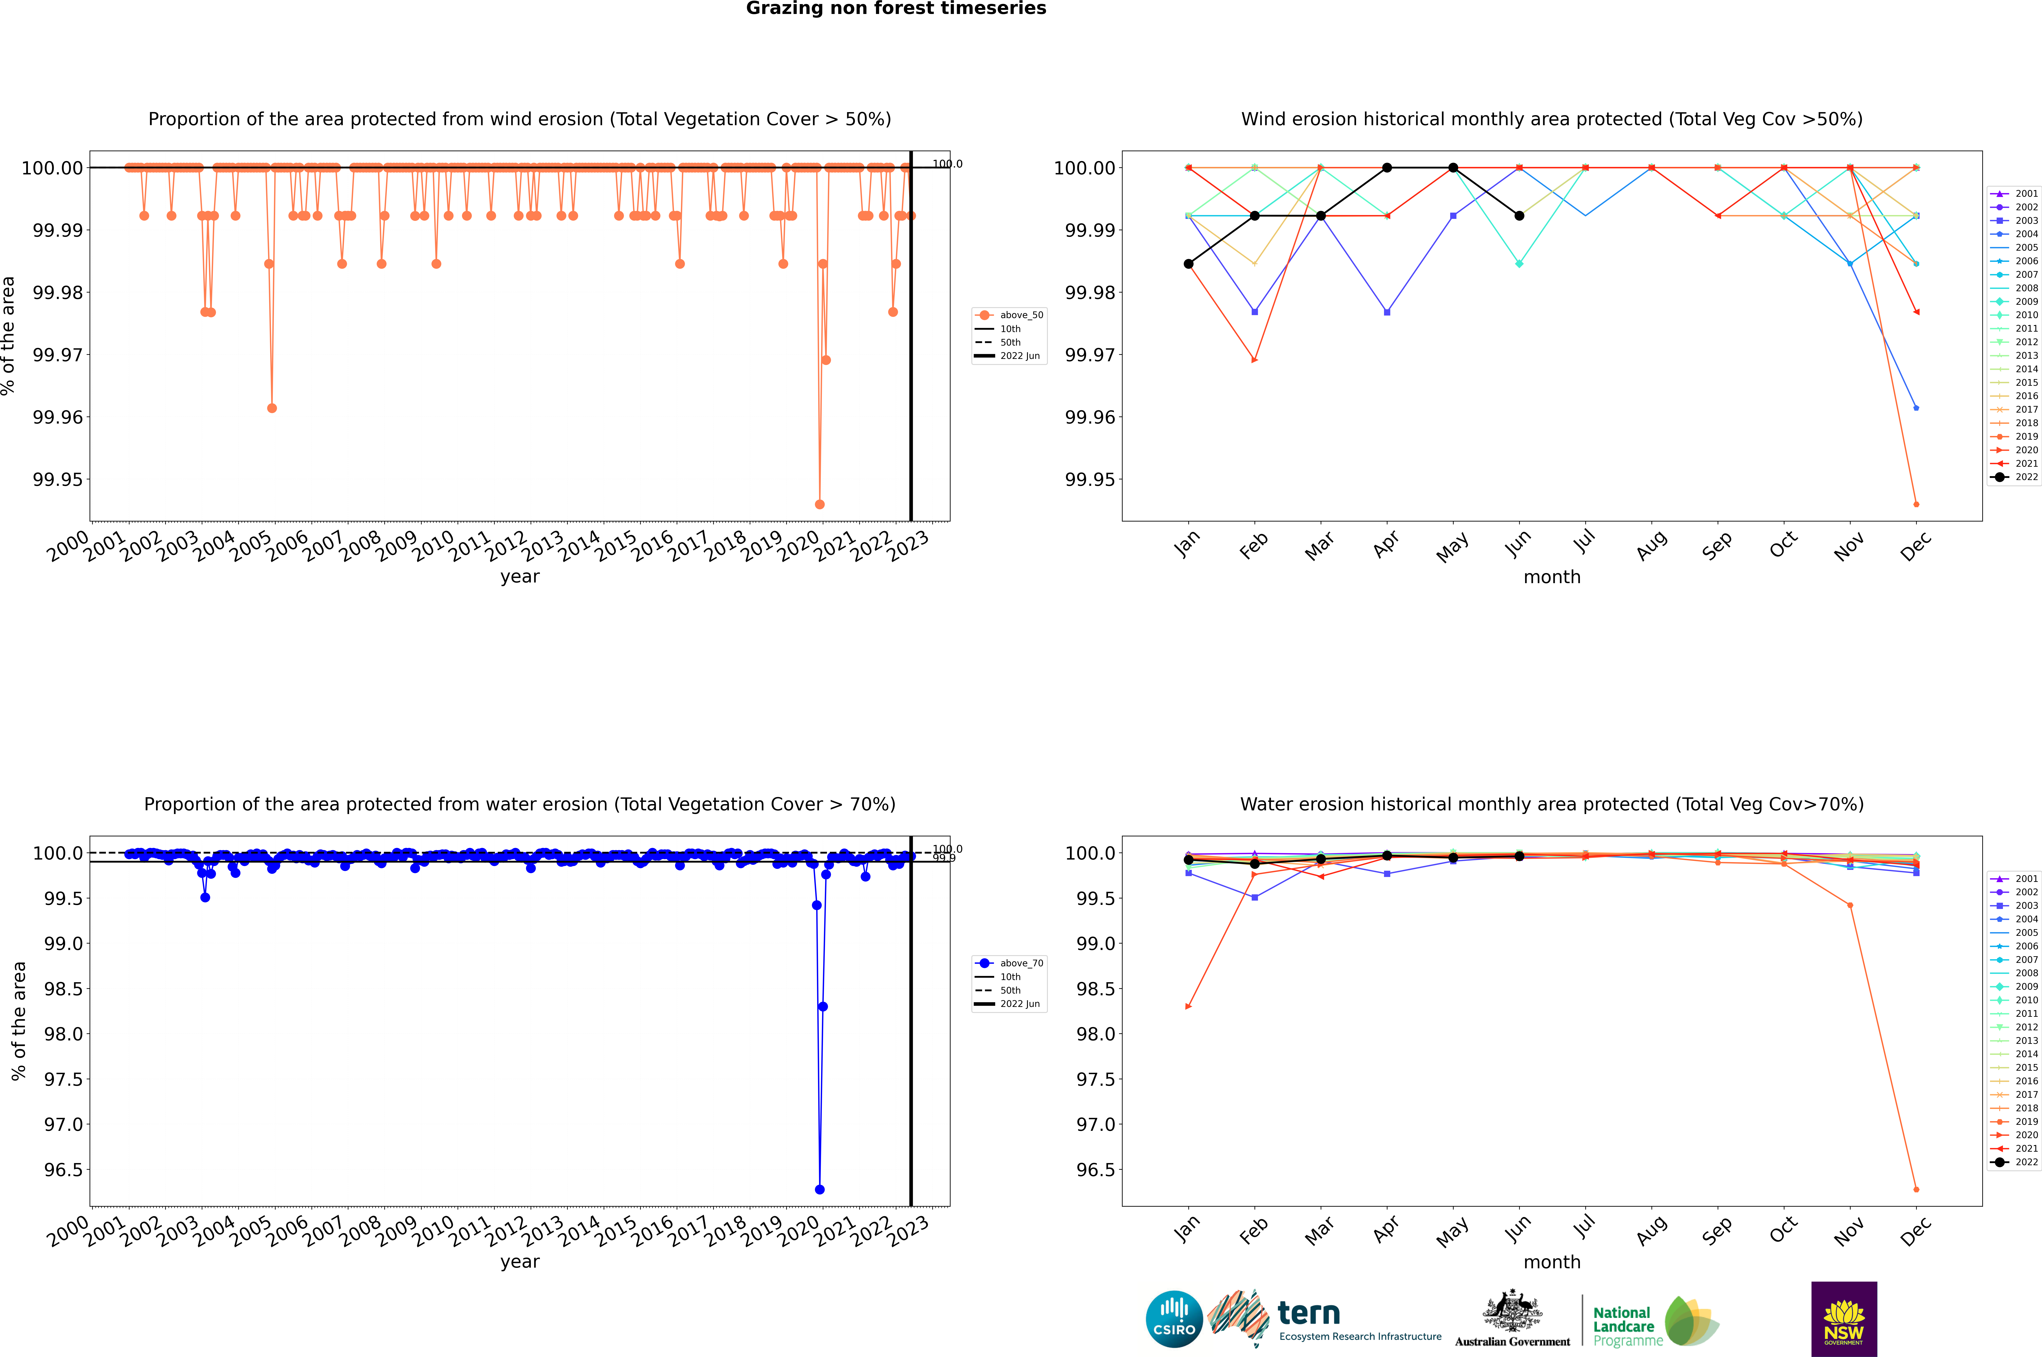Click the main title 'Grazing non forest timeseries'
pyautogui.click(x=896, y=9)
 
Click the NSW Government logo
pyautogui.click(x=1844, y=1319)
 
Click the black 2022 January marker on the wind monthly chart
pyautogui.click(x=1189, y=264)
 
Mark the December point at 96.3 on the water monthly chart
pyautogui.click(x=1916, y=1189)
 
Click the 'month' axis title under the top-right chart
pyautogui.click(x=1551, y=577)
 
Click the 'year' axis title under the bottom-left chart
pyautogui.click(x=519, y=1262)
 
